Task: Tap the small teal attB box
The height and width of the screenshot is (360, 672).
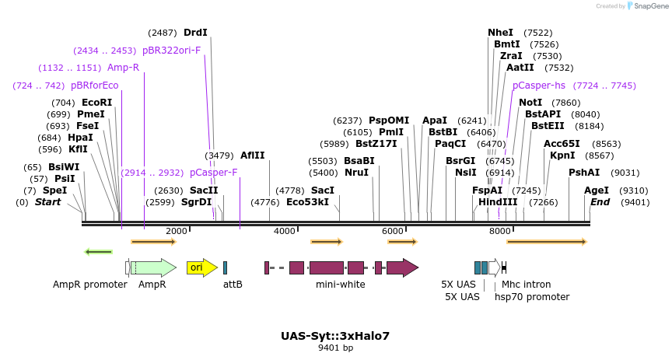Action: point(225,267)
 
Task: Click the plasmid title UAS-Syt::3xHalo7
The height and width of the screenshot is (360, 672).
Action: point(335,336)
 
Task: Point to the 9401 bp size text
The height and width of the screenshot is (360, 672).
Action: point(335,348)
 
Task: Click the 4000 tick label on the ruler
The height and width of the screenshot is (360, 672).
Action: point(285,231)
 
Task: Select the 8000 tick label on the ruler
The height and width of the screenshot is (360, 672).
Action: point(499,231)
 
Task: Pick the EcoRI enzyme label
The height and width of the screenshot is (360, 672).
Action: point(96,103)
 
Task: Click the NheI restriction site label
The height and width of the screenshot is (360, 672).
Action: point(500,33)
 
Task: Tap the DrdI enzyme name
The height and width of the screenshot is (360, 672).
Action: point(195,33)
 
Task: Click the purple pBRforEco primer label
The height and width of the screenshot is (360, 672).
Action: point(94,86)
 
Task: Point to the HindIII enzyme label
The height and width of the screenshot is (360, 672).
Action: point(498,202)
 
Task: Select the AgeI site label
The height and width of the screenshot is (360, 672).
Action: point(597,190)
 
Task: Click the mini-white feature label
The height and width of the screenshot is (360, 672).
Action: point(340,285)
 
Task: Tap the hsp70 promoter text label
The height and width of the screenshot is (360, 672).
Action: point(532,296)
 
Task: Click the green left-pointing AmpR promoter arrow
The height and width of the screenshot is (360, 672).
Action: point(99,251)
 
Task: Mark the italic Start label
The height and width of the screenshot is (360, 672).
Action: point(47,202)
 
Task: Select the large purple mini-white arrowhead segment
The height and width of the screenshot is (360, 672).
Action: point(402,267)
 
